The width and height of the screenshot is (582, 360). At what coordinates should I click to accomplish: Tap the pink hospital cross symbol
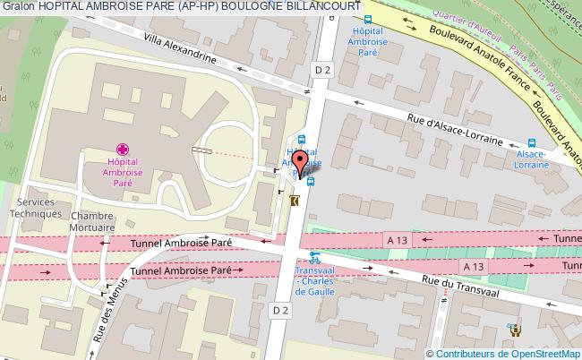point(123,150)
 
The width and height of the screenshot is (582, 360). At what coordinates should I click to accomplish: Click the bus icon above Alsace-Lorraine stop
point(532,141)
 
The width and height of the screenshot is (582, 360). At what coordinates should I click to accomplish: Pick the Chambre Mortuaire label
point(93,222)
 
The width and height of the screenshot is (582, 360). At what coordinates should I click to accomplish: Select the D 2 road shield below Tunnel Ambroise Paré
point(282,310)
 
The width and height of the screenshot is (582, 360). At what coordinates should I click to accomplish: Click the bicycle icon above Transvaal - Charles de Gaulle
point(314,255)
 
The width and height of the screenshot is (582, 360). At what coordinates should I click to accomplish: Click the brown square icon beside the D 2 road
point(295,202)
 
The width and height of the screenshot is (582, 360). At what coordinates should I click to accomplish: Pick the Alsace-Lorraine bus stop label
point(532,159)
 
